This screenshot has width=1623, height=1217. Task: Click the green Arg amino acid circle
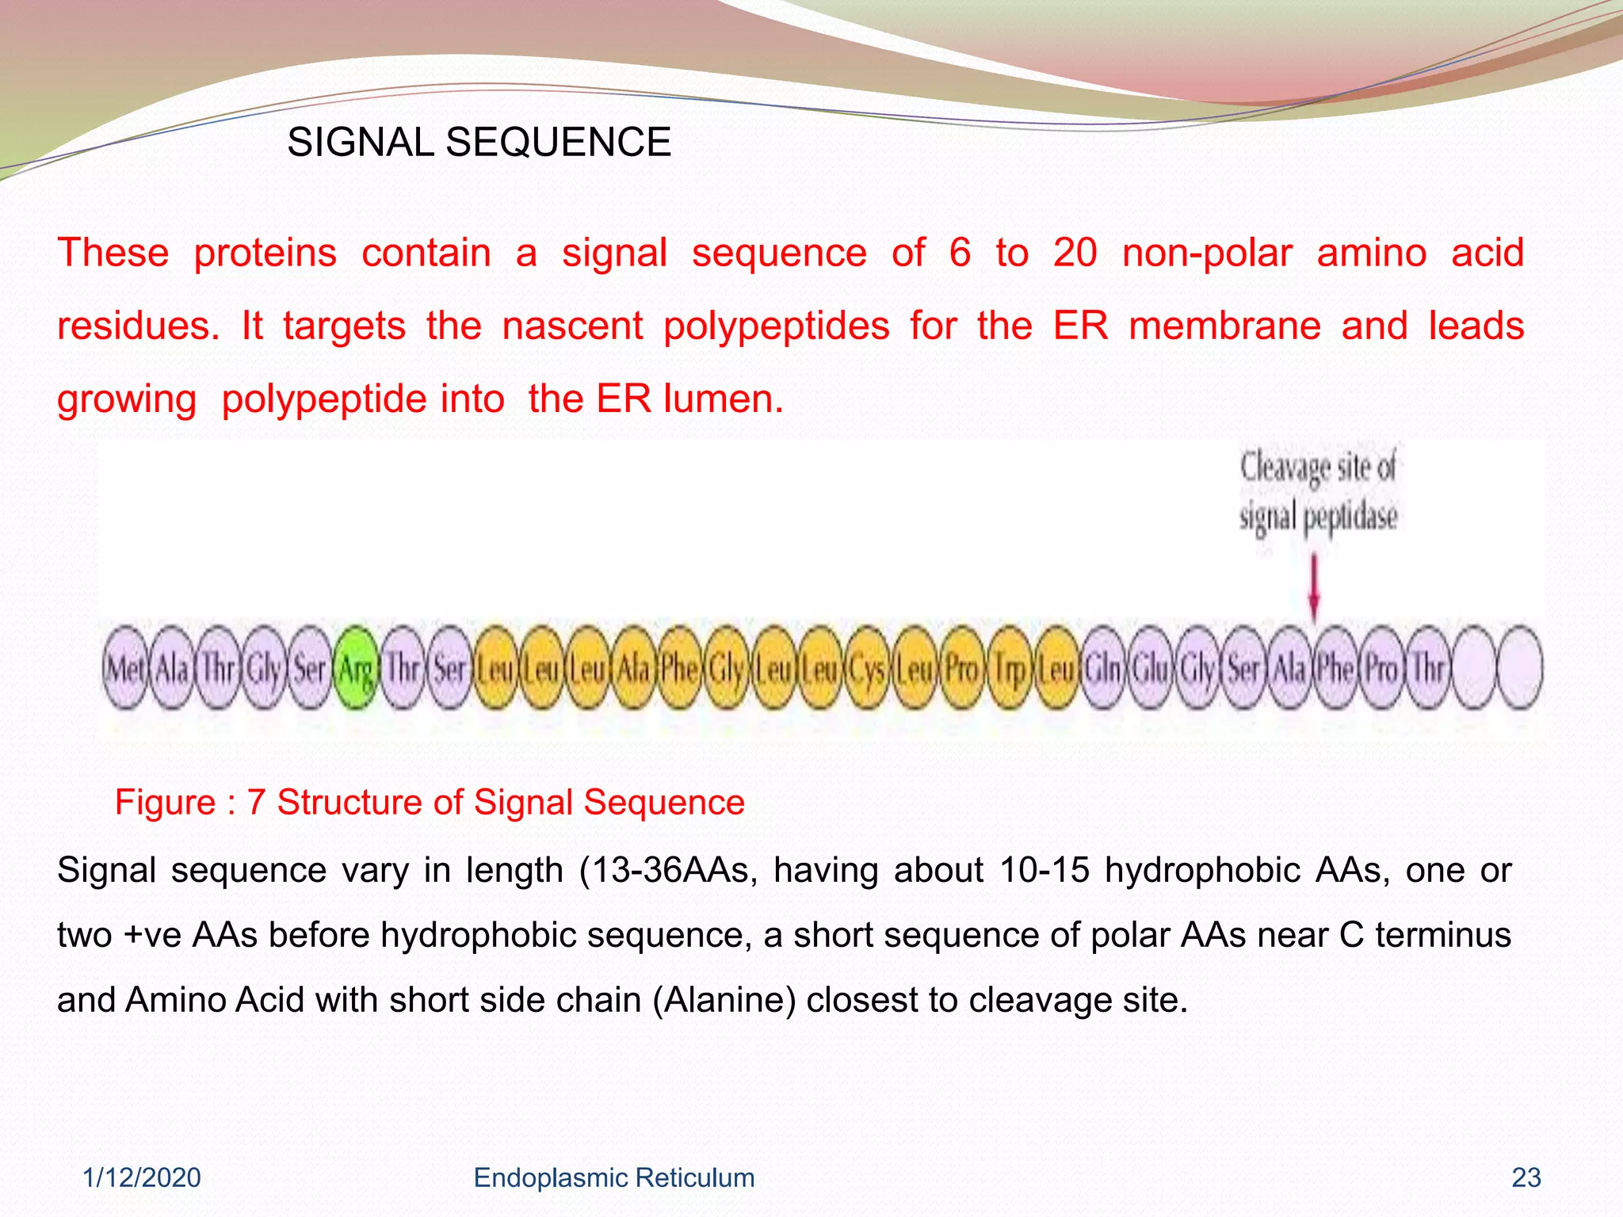pyautogui.click(x=356, y=668)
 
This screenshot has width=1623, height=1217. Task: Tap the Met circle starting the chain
pyautogui.click(x=125, y=668)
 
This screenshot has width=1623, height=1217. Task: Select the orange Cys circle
pyautogui.click(x=868, y=668)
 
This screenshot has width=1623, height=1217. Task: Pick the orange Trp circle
pyautogui.click(x=1010, y=668)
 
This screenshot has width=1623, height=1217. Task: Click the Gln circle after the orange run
pyautogui.click(x=1103, y=668)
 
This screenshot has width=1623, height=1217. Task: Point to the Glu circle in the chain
pyautogui.click(x=1150, y=668)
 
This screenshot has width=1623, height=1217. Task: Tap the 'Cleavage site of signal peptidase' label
pyautogui.click(x=1318, y=491)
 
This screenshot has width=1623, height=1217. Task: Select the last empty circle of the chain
pyautogui.click(x=1520, y=668)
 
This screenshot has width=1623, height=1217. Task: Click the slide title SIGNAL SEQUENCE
pyautogui.click(x=479, y=143)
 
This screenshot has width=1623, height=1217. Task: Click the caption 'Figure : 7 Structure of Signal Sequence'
pyautogui.click(x=430, y=802)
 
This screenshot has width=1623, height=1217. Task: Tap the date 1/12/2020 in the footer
pyautogui.click(x=142, y=1177)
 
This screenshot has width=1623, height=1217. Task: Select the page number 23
pyautogui.click(x=1526, y=1177)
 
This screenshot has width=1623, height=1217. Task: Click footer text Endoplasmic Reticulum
pyautogui.click(x=613, y=1177)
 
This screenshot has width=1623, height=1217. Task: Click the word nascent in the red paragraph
pyautogui.click(x=572, y=326)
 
